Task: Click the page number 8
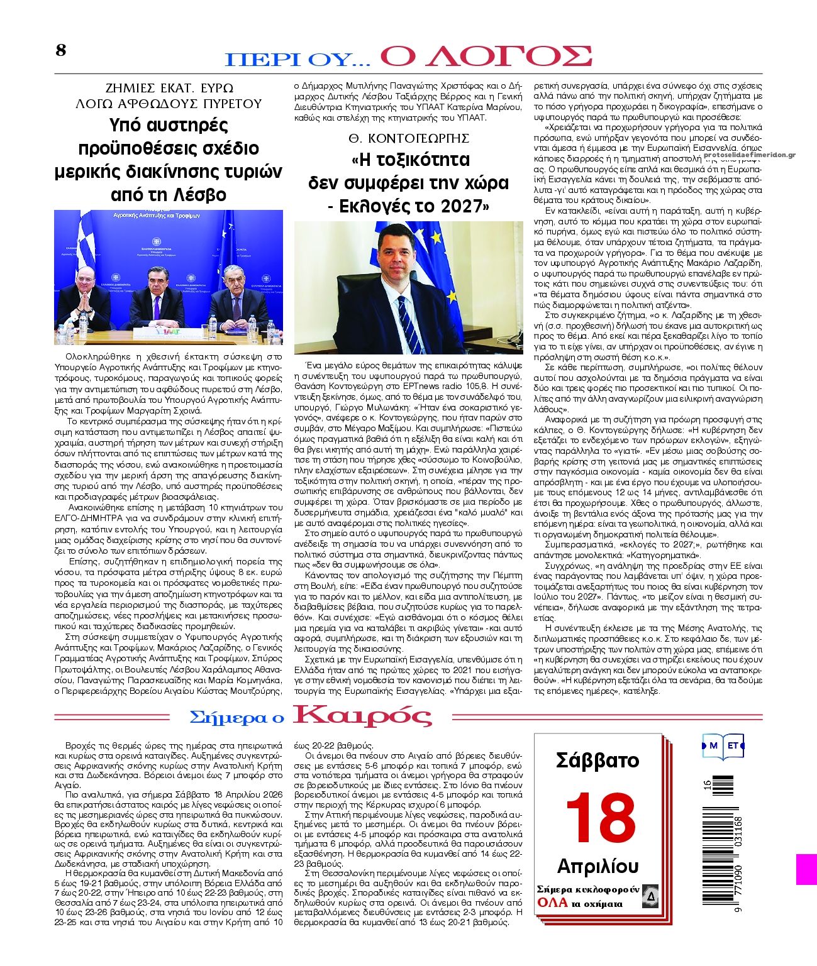pos(60,50)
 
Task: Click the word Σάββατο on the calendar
pos(597,760)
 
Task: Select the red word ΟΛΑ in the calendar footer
pos(552,903)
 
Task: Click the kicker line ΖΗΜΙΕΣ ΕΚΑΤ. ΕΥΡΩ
pos(168,87)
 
